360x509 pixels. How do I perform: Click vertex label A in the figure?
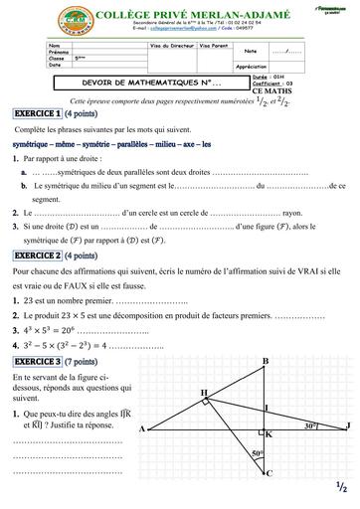[143, 401]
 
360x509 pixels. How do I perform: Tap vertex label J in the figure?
[348, 398]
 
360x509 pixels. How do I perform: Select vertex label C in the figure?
[268, 473]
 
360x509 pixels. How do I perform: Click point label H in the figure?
[204, 366]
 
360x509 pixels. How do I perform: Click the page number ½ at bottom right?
[340, 486]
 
